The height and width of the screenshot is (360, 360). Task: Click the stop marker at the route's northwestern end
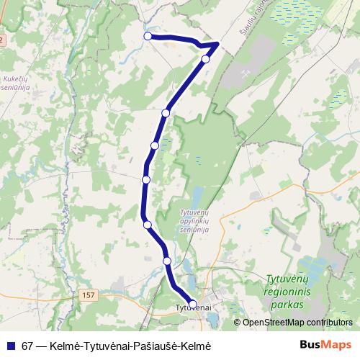148,36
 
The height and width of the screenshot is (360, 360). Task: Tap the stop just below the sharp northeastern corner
206,59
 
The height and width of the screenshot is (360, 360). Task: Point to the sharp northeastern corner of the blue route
217,44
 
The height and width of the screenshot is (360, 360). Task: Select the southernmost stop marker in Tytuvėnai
193,304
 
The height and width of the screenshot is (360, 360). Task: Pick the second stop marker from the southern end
167,261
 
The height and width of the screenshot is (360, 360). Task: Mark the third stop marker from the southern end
148,225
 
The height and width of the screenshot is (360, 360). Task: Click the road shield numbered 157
88,295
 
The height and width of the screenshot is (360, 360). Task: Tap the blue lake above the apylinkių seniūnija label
196,196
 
